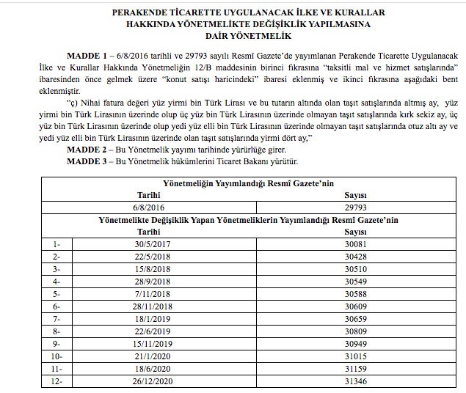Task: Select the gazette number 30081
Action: pos(356,243)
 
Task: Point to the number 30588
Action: pos(356,293)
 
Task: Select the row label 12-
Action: pos(57,381)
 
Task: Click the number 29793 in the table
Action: pos(356,207)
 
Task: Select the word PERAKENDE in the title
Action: pos(141,13)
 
